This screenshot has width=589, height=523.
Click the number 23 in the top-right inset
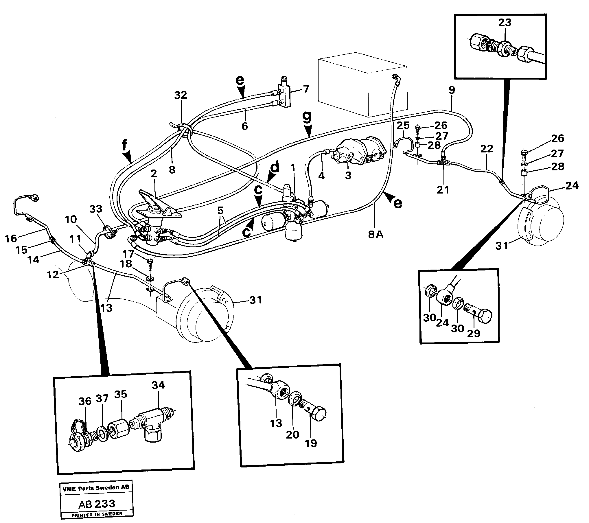[x=505, y=23]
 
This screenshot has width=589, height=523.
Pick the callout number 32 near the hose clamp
[x=181, y=95]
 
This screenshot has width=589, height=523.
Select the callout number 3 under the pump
[x=348, y=175]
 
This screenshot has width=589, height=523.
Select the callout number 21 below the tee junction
[x=443, y=190]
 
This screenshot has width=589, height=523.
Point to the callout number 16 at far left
[x=11, y=238]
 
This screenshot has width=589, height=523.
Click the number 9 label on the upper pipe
[x=452, y=90]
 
